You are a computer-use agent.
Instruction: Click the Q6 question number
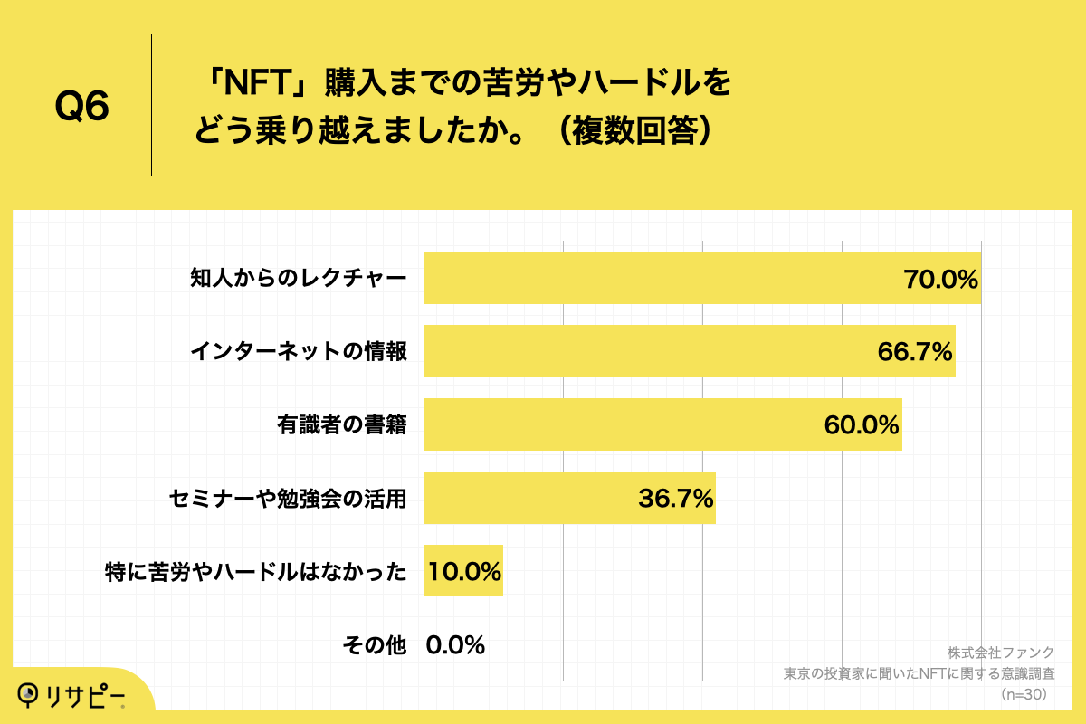point(82,107)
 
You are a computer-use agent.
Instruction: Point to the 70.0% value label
point(941,279)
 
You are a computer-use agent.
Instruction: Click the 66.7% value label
point(915,352)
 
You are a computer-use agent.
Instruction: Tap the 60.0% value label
point(862,425)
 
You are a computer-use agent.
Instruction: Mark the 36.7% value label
point(676,499)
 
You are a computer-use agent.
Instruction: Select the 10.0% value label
point(464,572)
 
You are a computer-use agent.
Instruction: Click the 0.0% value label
point(455,645)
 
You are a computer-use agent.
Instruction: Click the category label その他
point(375,645)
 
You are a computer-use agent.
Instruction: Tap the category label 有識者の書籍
point(341,425)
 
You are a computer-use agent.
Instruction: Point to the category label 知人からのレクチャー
point(298,279)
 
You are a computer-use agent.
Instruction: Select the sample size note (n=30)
point(1024,694)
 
